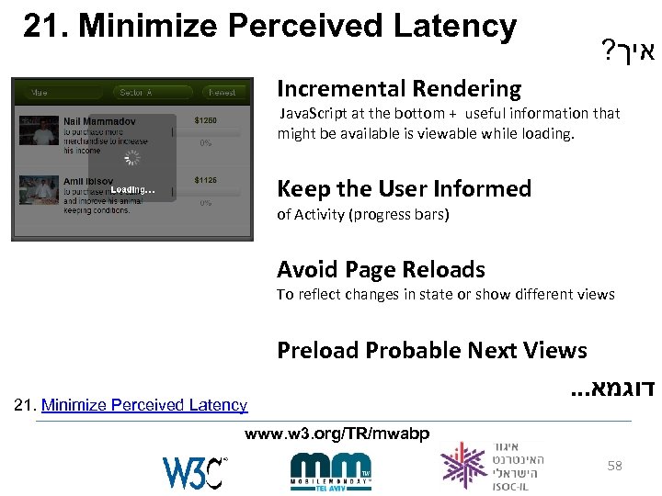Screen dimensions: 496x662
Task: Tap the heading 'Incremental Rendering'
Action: (x=399, y=89)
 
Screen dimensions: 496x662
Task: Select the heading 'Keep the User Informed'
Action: (x=404, y=189)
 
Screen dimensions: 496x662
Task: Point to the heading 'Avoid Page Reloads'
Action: (x=381, y=270)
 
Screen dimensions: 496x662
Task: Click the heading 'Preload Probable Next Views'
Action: (x=431, y=351)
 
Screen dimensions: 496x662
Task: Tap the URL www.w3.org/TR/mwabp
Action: (x=337, y=433)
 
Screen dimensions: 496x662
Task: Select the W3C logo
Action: (x=194, y=471)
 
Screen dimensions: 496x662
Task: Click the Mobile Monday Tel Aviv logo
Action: (x=330, y=469)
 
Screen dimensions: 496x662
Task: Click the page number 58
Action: (x=614, y=466)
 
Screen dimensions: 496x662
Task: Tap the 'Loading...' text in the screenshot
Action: (x=132, y=190)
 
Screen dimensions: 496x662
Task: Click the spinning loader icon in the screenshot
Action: (x=132, y=157)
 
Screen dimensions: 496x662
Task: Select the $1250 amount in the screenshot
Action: (x=206, y=120)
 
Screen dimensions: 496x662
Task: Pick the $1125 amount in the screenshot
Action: (x=206, y=180)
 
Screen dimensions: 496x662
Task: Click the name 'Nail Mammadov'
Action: (x=100, y=121)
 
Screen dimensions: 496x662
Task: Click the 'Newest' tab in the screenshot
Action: (x=222, y=92)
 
